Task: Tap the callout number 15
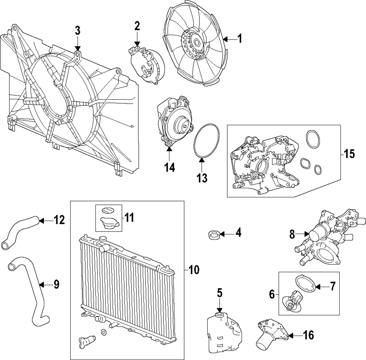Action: coord(349,154)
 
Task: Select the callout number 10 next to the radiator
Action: coord(194,270)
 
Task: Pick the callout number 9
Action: coord(56,284)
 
